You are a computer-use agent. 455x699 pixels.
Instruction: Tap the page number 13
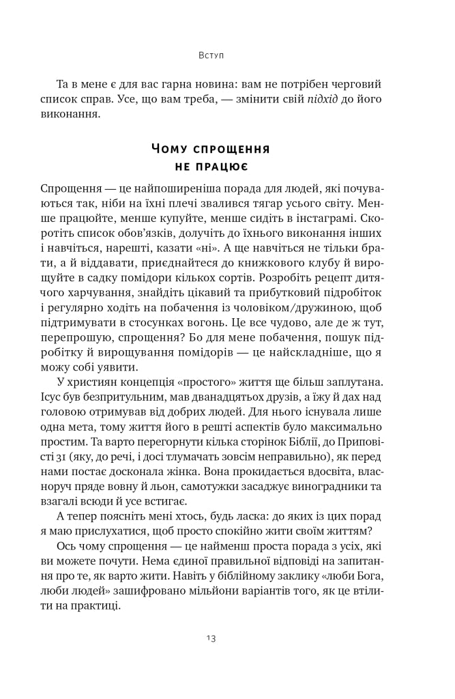(x=210, y=640)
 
